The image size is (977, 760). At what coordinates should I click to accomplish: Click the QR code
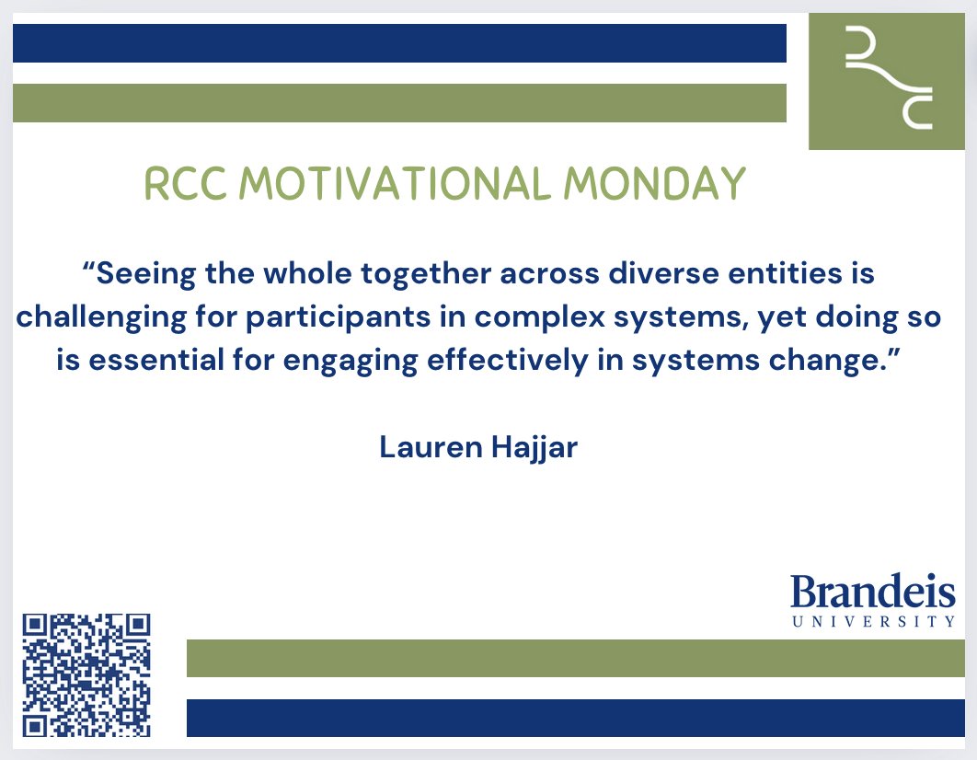pos(86,675)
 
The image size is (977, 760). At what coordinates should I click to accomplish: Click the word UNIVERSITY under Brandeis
pos(873,622)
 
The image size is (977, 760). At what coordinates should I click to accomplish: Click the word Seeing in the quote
pos(147,273)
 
